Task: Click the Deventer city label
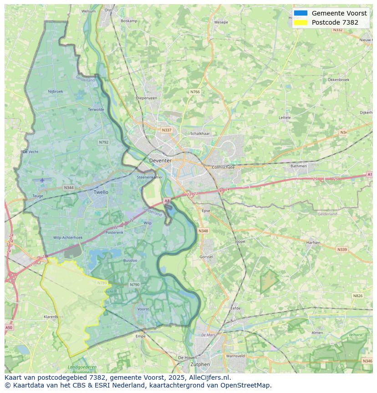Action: pyautogui.click(x=160, y=161)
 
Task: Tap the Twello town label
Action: pyautogui.click(x=101, y=192)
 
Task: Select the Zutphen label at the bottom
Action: pyautogui.click(x=200, y=364)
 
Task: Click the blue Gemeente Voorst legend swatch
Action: pyautogui.click(x=301, y=13)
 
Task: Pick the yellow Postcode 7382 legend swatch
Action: pyautogui.click(x=301, y=22)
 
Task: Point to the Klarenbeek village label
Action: pyautogui.click(x=54, y=316)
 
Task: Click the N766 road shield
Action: pyautogui.click(x=195, y=92)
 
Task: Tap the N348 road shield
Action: pyautogui.click(x=203, y=231)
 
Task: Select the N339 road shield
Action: pyautogui.click(x=341, y=250)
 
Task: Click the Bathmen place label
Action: pyautogui.click(x=299, y=166)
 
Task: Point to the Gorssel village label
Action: pyautogui.click(x=206, y=257)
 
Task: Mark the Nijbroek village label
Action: pyautogui.click(x=56, y=91)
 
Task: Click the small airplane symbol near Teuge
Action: pyautogui.click(x=42, y=180)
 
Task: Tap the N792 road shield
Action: pyautogui.click(x=104, y=142)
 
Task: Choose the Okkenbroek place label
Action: pyautogui.click(x=338, y=79)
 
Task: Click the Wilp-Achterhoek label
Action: pyautogui.click(x=68, y=238)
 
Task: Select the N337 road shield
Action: pyautogui.click(x=167, y=130)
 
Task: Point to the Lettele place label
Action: pyautogui.click(x=285, y=117)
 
